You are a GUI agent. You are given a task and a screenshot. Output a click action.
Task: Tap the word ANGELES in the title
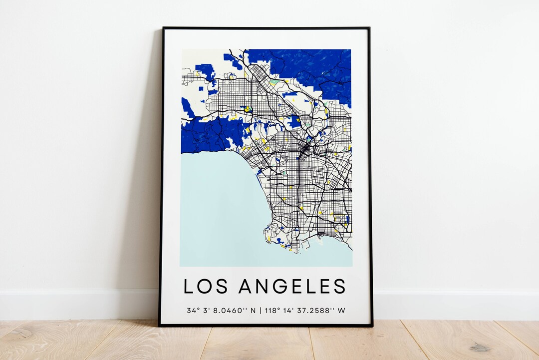pyautogui.click(x=292, y=287)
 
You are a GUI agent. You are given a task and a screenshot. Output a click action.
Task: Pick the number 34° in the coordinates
pyautogui.click(x=192, y=310)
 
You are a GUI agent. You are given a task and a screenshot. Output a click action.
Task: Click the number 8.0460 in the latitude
pyautogui.click(x=227, y=310)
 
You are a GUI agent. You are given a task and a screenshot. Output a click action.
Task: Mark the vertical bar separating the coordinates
pyautogui.click(x=261, y=310)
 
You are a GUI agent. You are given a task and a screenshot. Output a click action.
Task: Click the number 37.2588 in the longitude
pyautogui.click(x=314, y=310)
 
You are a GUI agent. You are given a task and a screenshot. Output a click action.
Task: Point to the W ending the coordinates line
pyautogui.click(x=341, y=310)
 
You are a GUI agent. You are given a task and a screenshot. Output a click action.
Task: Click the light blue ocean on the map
pyautogui.click(x=215, y=210)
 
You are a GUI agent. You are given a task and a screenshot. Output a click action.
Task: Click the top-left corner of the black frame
pyautogui.click(x=163, y=28)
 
